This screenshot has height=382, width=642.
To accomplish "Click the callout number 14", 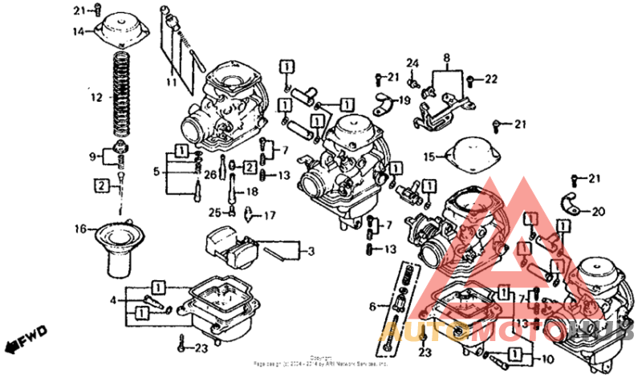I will [79, 32].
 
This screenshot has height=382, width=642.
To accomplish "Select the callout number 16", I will [80, 230].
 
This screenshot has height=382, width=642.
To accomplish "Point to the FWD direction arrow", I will [23, 337].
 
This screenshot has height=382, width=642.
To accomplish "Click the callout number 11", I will [171, 83].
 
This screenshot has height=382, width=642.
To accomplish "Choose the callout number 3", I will [311, 252].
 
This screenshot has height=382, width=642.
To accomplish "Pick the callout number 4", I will [114, 301].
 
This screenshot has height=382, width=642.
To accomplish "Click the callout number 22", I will [491, 79].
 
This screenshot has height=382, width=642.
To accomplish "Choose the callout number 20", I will [597, 212].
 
